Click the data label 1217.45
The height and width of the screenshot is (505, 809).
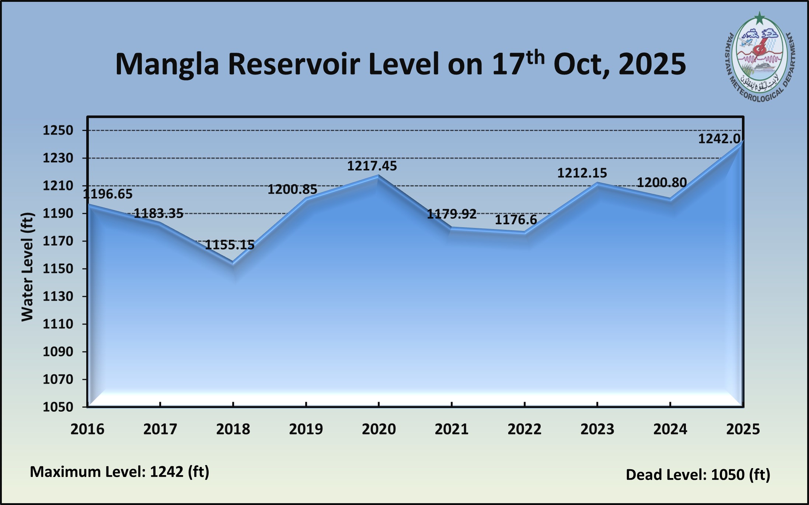(372, 166)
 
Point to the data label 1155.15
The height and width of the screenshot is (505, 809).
(229, 245)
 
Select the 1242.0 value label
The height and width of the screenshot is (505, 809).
(719, 139)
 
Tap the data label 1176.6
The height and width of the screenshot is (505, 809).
(515, 220)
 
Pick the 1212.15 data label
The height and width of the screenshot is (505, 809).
(582, 173)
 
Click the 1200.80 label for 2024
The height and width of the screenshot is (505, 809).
(662, 183)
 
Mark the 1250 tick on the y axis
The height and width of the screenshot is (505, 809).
(58, 130)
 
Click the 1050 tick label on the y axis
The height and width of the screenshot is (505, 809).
(58, 407)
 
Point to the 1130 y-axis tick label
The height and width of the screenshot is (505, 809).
(58, 296)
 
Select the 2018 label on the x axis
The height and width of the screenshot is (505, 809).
(233, 429)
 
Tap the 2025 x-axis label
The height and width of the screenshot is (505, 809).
(743, 429)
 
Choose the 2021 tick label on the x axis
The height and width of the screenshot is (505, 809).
(451, 429)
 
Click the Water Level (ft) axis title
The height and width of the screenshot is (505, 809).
(27, 267)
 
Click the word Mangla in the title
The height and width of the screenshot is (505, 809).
(167, 64)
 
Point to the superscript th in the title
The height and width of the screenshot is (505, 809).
(535, 58)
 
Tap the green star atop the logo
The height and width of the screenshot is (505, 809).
(759, 17)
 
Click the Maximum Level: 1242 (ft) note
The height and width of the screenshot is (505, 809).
(119, 472)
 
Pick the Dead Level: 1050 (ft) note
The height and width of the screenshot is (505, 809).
(698, 475)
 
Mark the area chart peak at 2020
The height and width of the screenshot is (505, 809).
(379, 176)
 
